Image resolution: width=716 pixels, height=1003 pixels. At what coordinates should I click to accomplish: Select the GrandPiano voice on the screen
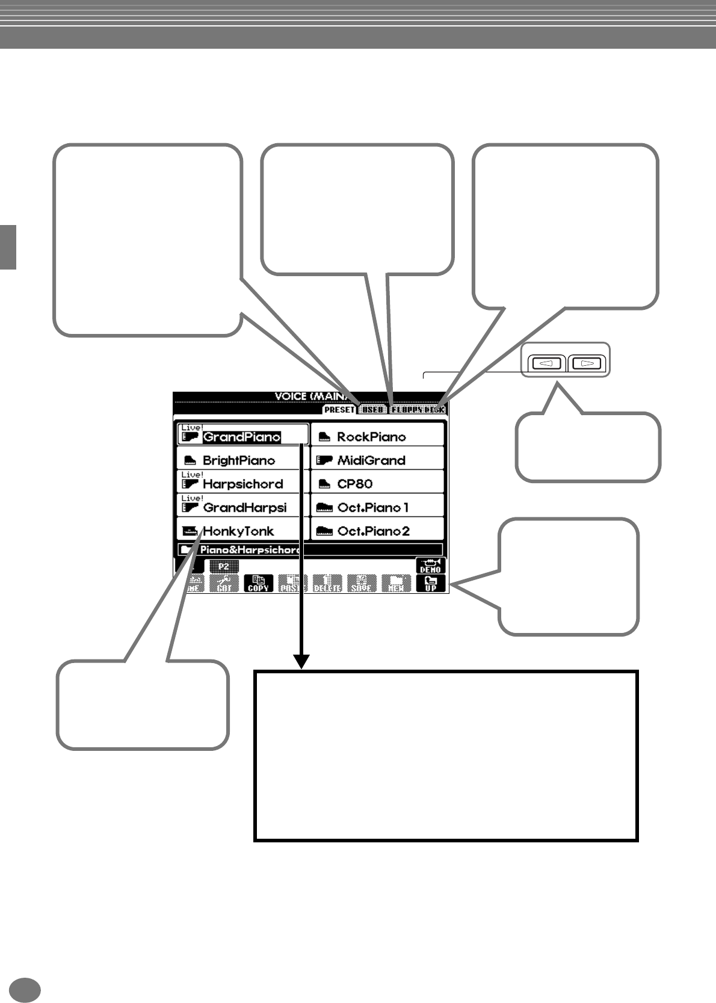tap(241, 437)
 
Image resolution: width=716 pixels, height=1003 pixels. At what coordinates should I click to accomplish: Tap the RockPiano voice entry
tap(371, 437)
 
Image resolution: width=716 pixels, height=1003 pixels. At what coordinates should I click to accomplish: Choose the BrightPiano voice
tap(238, 460)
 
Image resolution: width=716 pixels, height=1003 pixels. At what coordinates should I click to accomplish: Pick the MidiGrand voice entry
tap(371, 460)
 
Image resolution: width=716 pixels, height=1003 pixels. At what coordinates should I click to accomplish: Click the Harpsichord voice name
tap(242, 484)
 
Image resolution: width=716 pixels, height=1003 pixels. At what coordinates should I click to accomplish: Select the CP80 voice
tap(354, 484)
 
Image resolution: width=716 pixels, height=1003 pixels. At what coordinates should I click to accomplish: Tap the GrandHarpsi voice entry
tap(244, 507)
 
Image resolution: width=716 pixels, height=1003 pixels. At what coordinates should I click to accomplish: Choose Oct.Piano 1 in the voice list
tap(372, 507)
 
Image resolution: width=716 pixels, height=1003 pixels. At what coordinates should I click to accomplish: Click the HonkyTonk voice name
tap(238, 531)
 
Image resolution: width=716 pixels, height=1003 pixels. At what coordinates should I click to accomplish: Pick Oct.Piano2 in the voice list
tap(373, 531)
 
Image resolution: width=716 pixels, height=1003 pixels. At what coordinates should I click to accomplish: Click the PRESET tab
tap(339, 410)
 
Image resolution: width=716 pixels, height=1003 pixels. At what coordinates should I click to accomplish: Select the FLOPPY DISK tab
tap(417, 410)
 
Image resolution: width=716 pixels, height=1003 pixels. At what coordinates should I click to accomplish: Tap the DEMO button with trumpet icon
tap(431, 566)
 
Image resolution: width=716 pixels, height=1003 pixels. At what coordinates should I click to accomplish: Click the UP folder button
tap(431, 584)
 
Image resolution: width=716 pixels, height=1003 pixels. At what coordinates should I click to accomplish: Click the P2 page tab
tap(224, 566)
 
